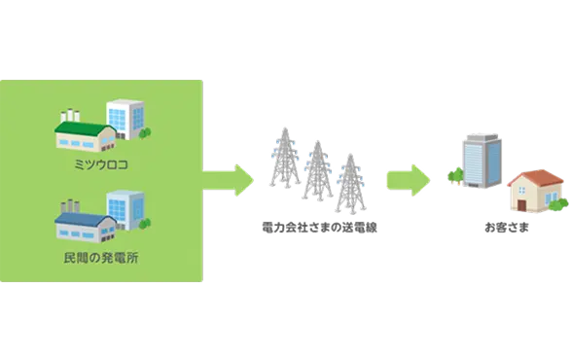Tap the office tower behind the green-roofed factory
click(x=125, y=117)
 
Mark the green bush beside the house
click(x=558, y=203)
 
